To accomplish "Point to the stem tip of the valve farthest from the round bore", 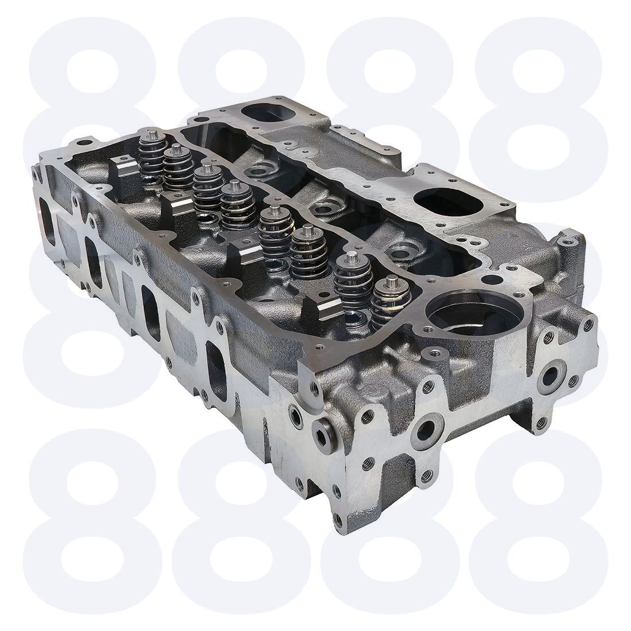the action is pyautogui.click(x=153, y=133).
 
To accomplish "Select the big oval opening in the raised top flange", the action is pyautogui.click(x=449, y=201).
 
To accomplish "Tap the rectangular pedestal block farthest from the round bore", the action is pyautogui.click(x=124, y=177).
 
